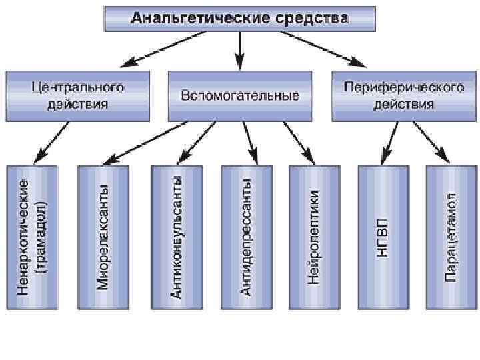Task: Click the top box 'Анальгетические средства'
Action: pyautogui.click(x=239, y=18)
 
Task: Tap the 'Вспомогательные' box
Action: pyautogui.click(x=240, y=96)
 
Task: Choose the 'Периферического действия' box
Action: pyautogui.click(x=403, y=95)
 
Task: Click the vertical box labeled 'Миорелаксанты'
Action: pyautogui.click(x=103, y=236)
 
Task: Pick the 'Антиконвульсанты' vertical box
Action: pyautogui.click(x=177, y=236)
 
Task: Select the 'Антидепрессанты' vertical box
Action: pyautogui.click(x=246, y=236)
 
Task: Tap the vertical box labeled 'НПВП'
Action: pyautogui.click(x=383, y=236)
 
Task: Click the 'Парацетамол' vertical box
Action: pyautogui.click(x=451, y=236)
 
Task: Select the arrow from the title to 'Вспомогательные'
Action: pyautogui.click(x=240, y=50)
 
